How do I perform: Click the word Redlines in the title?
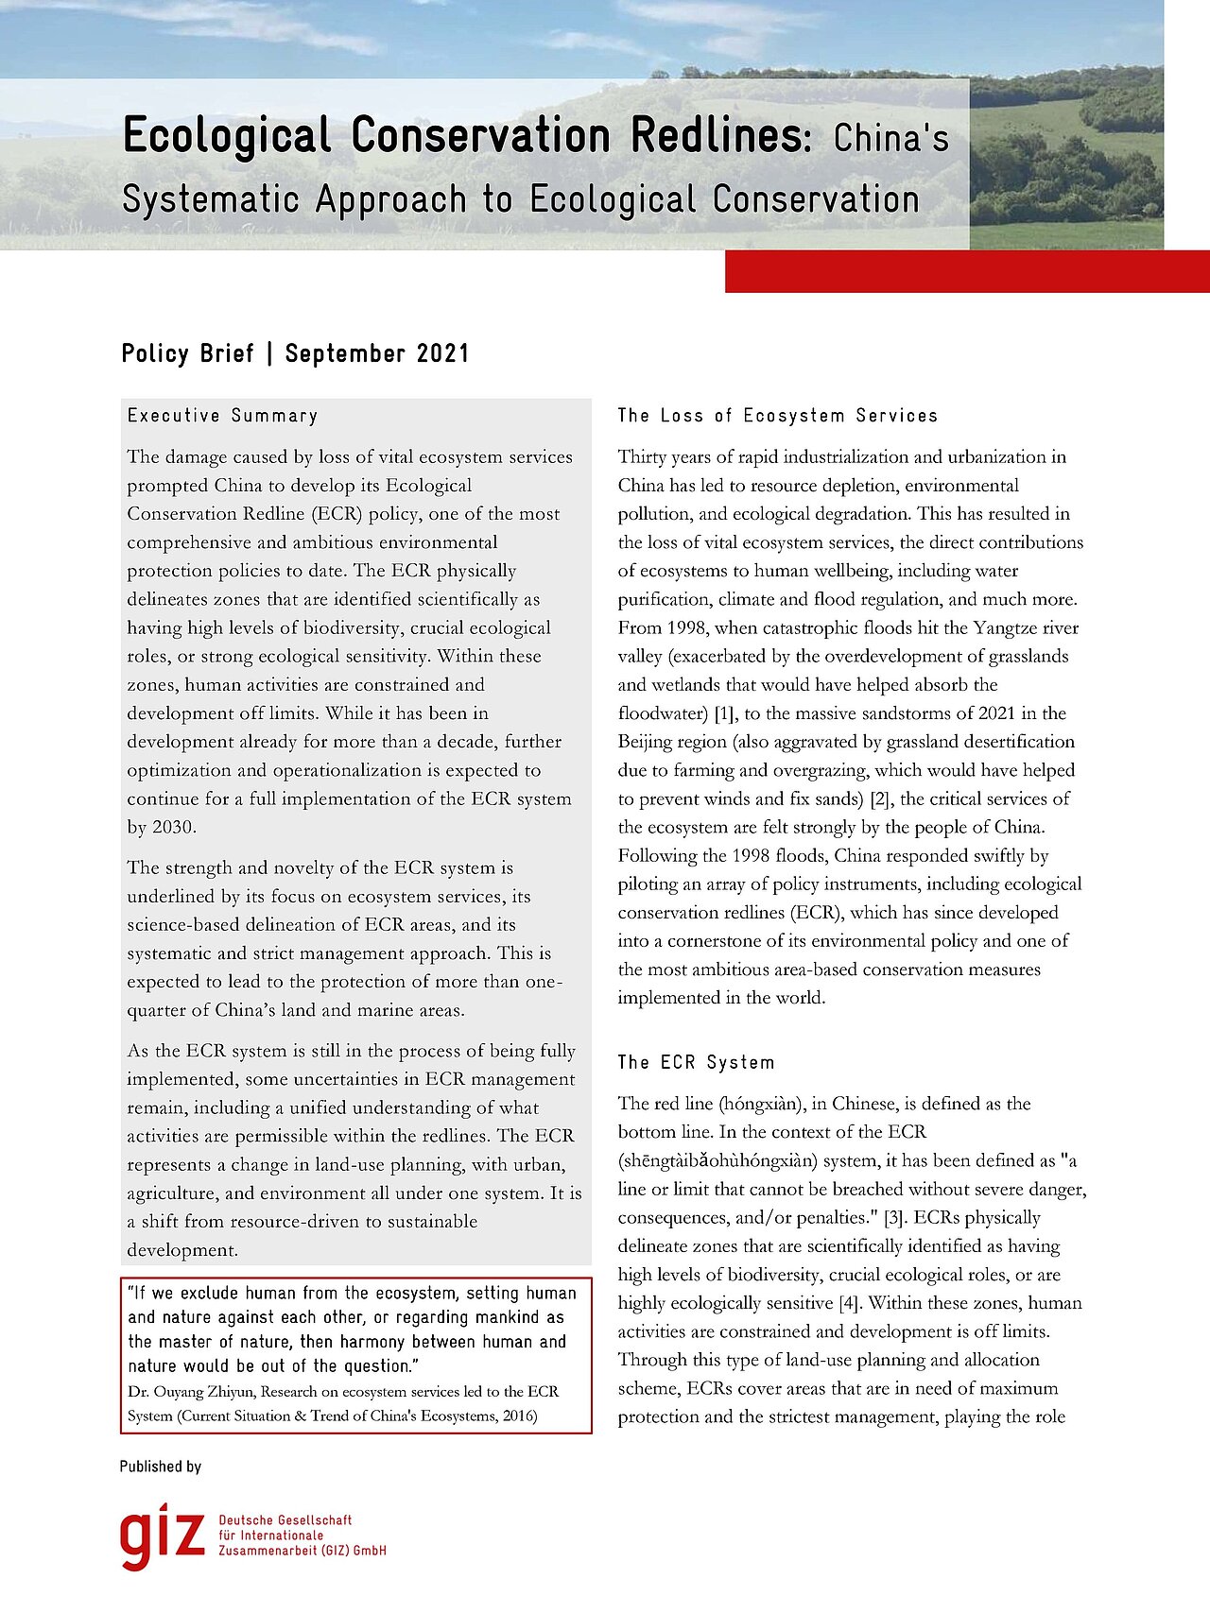[x=718, y=135]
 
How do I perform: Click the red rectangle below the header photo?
[x=966, y=271]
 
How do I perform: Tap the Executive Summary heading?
[x=222, y=416]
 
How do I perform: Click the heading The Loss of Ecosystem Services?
[x=777, y=416]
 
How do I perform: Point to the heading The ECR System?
[x=696, y=1062]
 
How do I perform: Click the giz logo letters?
[x=162, y=1535]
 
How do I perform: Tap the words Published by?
[x=161, y=1467]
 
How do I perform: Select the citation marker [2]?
[x=879, y=799]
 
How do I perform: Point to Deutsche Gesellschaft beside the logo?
[x=285, y=1520]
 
